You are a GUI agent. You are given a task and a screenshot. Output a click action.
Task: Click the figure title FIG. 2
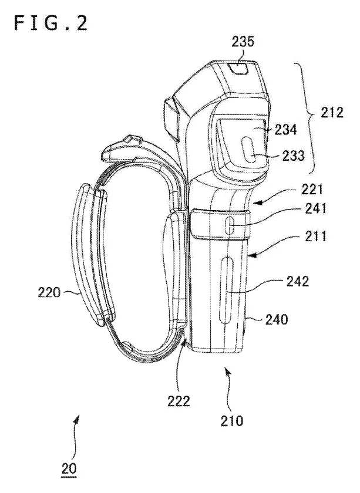[51, 23]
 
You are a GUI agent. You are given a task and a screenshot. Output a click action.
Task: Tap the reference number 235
[243, 42]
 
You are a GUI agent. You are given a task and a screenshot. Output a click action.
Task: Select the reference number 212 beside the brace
[332, 112]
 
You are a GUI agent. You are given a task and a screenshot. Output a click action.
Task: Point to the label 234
[285, 129]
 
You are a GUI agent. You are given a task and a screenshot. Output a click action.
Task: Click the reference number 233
[293, 156]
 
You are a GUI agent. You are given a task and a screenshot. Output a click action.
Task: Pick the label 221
[312, 190]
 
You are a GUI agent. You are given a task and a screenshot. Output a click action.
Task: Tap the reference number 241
[315, 208]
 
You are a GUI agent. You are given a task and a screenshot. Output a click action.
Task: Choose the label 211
[315, 236]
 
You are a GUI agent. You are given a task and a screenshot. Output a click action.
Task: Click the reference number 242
[298, 281]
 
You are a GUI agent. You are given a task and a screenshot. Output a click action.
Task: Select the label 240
[277, 320]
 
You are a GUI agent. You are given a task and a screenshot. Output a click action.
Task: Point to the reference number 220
[49, 292]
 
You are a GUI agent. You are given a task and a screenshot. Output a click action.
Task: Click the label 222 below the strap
[179, 401]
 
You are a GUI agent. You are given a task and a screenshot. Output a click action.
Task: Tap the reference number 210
[232, 421]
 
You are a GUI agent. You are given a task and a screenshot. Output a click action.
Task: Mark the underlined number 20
[69, 469]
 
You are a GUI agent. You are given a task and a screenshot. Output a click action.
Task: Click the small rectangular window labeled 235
[238, 67]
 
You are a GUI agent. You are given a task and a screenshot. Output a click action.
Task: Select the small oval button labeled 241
[229, 225]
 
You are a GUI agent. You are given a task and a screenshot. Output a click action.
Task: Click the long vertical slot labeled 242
[226, 290]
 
